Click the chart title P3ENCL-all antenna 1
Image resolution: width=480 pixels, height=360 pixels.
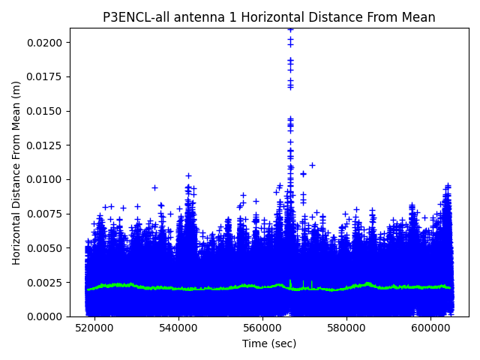click(x=268, y=17)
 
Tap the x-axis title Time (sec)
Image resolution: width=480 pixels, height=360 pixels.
click(x=268, y=343)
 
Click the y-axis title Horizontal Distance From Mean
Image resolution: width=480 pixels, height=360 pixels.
click(x=16, y=172)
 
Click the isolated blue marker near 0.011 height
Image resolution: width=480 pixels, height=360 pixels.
click(x=312, y=165)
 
